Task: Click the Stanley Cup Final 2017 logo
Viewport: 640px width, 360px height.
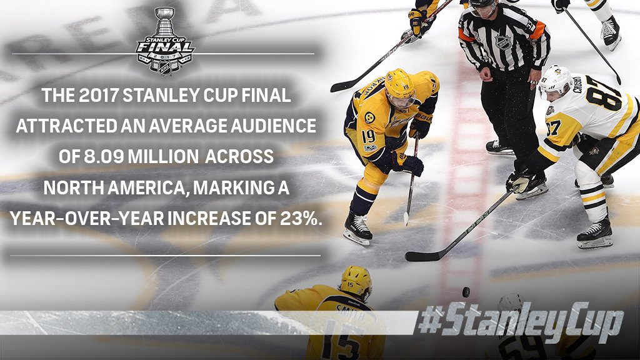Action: click(165, 41)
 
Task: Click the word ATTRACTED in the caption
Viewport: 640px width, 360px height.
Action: click(66, 126)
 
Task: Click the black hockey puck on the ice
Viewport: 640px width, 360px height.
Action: click(466, 292)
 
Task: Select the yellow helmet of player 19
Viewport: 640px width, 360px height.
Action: click(399, 84)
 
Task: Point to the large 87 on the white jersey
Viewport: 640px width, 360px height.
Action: click(604, 97)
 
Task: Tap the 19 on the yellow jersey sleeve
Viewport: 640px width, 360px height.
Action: click(369, 136)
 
